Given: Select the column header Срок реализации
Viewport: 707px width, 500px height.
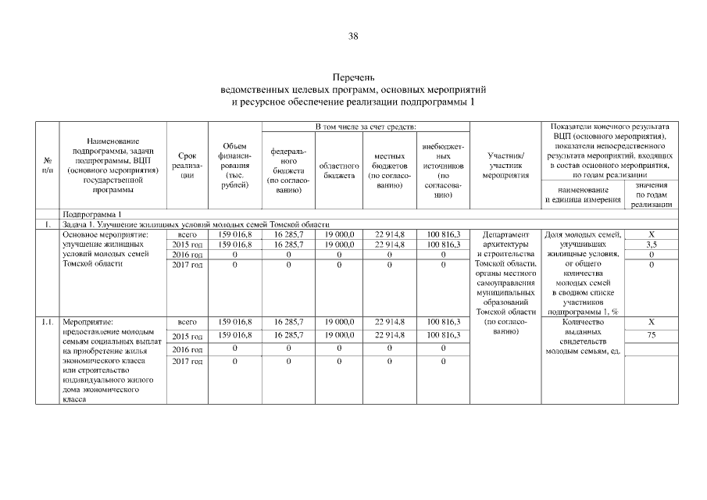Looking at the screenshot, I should point(187,166).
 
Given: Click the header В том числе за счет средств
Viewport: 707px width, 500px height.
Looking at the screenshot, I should point(365,127).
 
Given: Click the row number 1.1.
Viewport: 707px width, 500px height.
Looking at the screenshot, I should point(46,321).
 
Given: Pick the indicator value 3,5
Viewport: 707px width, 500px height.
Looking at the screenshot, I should point(652,245).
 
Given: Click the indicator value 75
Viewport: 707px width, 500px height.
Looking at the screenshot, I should point(652,335).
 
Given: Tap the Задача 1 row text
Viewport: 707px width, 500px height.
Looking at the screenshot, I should point(195,224).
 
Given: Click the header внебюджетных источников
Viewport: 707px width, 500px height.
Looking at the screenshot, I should point(443,171).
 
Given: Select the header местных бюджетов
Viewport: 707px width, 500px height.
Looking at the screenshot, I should point(389,171).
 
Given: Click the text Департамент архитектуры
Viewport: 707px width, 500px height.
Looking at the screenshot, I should point(506,239).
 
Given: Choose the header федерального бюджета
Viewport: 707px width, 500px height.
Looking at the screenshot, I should point(288,171).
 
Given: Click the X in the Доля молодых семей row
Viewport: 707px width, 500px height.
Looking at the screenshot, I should point(652,234).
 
